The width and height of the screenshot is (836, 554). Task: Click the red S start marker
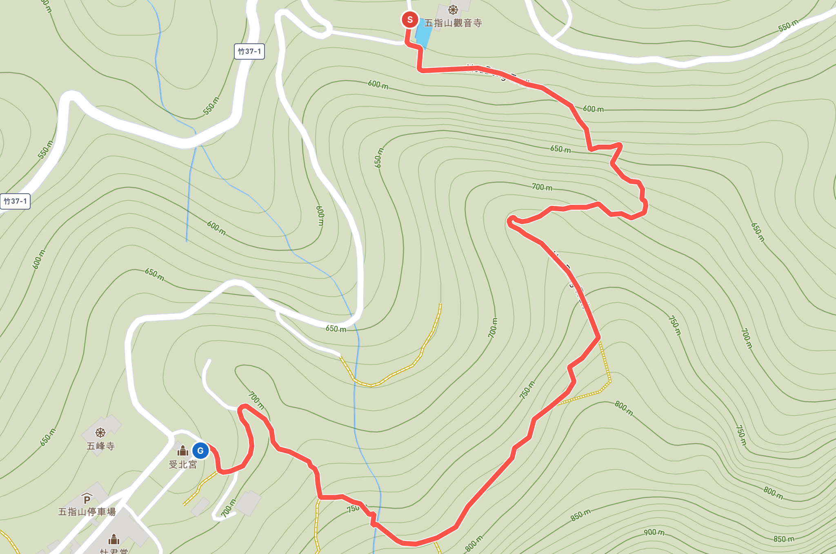pyautogui.click(x=409, y=20)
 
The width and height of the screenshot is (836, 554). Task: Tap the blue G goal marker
pyautogui.click(x=200, y=451)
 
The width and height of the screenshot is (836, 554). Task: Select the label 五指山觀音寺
pyautogui.click(x=453, y=23)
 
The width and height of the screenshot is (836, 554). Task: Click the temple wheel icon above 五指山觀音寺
pyautogui.click(x=453, y=10)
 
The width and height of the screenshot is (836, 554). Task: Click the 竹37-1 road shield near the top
pyautogui.click(x=249, y=51)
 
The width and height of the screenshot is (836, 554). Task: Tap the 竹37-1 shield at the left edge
pyautogui.click(x=15, y=201)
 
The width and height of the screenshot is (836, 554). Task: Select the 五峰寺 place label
pyautogui.click(x=100, y=446)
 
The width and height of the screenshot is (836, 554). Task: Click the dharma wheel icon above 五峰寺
pyautogui.click(x=100, y=432)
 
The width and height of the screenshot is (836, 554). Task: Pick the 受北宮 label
pyautogui.click(x=183, y=465)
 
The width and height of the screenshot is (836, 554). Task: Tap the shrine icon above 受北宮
pyautogui.click(x=182, y=451)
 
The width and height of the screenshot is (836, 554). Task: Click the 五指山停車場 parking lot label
pyautogui.click(x=87, y=512)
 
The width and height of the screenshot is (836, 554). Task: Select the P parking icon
pyautogui.click(x=87, y=499)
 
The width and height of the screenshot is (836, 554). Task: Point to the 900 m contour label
pyautogui.click(x=654, y=532)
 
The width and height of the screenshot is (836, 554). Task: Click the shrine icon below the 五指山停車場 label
pyautogui.click(x=114, y=540)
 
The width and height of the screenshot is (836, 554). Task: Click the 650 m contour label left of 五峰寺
pyautogui.click(x=48, y=437)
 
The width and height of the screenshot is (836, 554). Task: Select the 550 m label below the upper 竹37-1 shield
pyautogui.click(x=211, y=106)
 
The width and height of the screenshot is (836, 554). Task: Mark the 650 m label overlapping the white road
pyautogui.click(x=336, y=329)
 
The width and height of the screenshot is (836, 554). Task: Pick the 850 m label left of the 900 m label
pyautogui.click(x=580, y=515)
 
